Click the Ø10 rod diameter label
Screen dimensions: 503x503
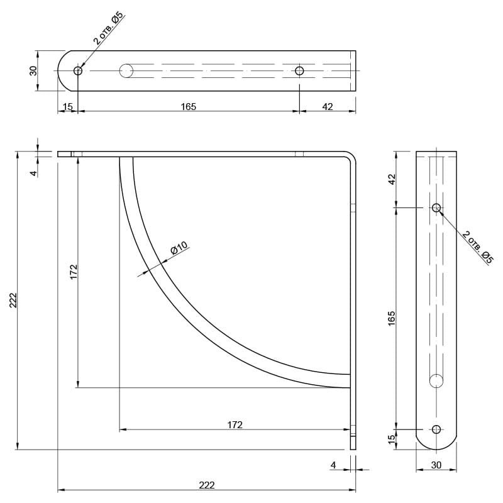(x=179, y=248)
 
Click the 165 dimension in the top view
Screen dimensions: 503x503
(x=188, y=106)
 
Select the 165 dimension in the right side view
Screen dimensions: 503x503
(x=392, y=318)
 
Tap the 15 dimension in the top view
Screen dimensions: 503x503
(x=68, y=106)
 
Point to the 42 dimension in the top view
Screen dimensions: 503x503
(x=327, y=106)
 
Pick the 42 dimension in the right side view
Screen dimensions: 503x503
(x=392, y=179)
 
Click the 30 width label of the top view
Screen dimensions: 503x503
(x=33, y=70)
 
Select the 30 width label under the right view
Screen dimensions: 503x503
(x=436, y=465)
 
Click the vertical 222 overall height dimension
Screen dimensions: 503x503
(x=13, y=300)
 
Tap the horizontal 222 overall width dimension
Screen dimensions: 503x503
(x=207, y=485)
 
